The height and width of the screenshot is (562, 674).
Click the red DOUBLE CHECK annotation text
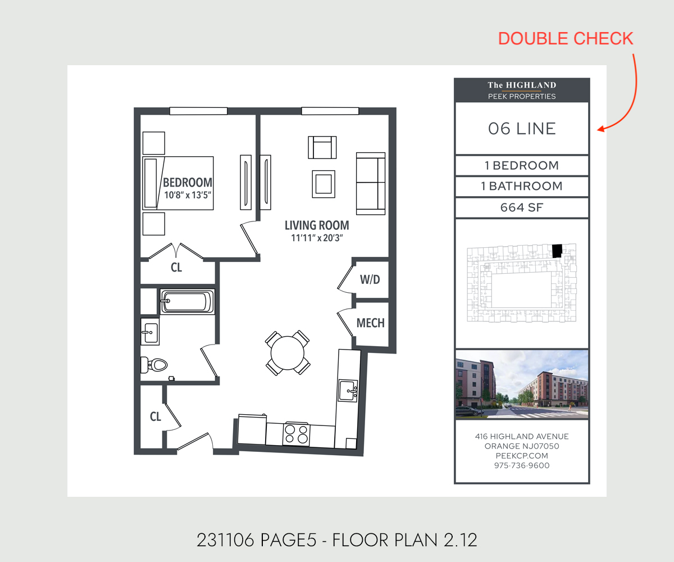point(566,39)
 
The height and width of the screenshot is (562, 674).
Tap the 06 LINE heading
point(522,129)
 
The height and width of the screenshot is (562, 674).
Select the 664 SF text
point(522,207)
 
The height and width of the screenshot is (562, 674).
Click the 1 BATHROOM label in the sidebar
point(522,186)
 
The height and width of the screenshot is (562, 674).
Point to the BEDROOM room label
point(188,183)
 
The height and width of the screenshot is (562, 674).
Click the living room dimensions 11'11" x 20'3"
point(317,238)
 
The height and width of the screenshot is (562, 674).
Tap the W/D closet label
point(370,279)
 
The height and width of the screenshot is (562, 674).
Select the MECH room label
point(370,323)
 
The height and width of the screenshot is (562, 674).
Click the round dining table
point(287,353)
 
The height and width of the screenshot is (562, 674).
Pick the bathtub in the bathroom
point(187,301)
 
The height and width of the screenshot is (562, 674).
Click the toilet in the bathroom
point(154,365)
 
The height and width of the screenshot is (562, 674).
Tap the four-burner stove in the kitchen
point(297,434)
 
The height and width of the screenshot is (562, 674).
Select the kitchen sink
point(348,391)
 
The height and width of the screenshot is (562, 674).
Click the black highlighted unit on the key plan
point(557,251)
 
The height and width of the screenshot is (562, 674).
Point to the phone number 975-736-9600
point(522,465)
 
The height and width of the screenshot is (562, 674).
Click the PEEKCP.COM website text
point(522,456)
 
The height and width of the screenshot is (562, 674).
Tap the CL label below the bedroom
point(176,268)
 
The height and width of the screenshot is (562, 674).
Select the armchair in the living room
point(322,147)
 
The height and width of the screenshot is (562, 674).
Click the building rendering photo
point(522,384)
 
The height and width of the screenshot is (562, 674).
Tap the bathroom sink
point(150,332)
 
